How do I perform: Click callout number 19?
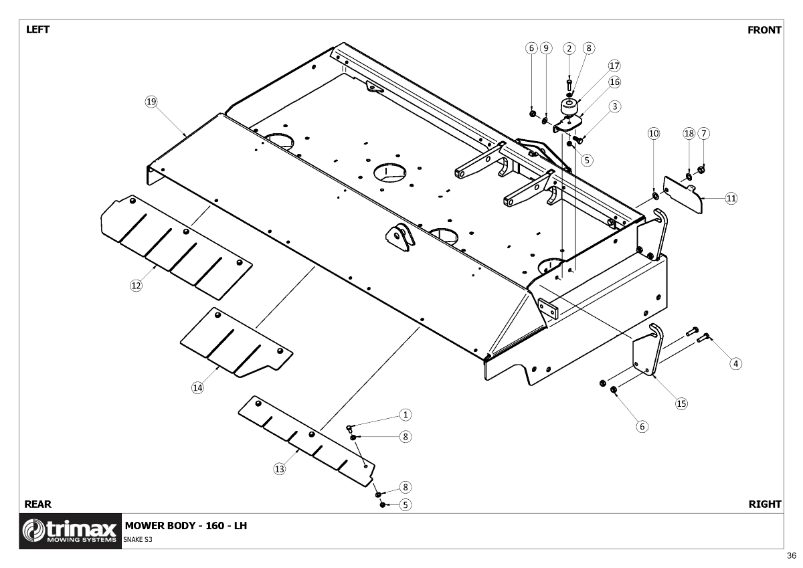(x=151, y=102)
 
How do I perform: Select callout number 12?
(x=136, y=285)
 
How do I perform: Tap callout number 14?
(x=197, y=387)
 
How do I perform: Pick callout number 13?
(x=279, y=469)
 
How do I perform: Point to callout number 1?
(x=405, y=415)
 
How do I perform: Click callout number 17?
(x=614, y=66)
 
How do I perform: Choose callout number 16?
(x=614, y=82)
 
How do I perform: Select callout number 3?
(x=614, y=106)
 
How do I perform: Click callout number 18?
(x=689, y=133)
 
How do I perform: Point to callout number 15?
(x=681, y=403)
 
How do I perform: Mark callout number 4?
(x=735, y=363)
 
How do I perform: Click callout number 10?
(x=653, y=133)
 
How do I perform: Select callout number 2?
(x=569, y=48)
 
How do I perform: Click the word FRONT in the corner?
(x=764, y=30)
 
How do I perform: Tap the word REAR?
(x=37, y=504)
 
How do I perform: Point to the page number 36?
(x=792, y=556)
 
